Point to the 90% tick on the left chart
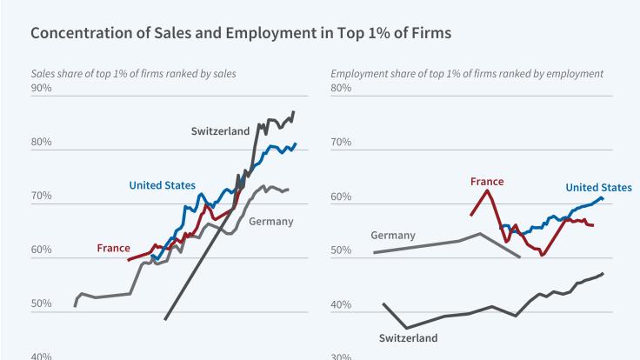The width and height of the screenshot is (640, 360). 41,88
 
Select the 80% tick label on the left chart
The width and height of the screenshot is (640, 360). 41,143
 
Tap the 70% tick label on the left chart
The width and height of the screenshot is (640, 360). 41,197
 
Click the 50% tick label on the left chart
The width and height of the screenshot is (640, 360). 41,305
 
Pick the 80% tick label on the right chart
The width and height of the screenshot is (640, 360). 341,88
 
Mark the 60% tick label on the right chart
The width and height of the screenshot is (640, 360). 341,197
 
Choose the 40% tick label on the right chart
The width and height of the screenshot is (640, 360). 341,305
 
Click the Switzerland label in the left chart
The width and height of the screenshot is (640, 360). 221,130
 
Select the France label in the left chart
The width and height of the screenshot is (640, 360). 113,249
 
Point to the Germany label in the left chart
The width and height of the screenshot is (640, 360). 270,221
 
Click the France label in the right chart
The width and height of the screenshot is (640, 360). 487,182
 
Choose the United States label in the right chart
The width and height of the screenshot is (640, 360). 598,187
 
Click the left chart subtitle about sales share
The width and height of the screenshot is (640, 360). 133,73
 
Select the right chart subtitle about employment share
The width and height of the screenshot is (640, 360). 467,73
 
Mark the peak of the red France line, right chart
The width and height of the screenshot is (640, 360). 487,190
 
